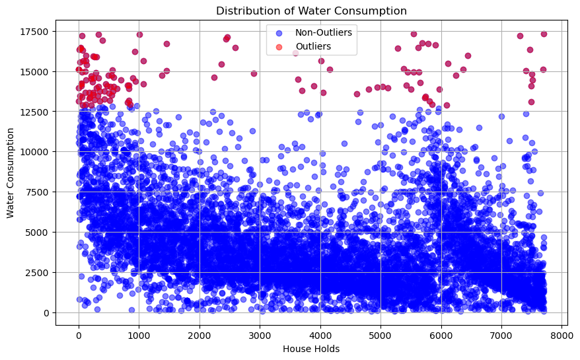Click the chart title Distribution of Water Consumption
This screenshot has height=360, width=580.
coord(312,11)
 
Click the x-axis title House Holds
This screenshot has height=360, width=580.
coord(312,349)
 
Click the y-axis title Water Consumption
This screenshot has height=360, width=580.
coord(9,172)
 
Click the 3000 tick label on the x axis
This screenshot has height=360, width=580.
coord(260,333)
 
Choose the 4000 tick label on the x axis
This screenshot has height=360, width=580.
coord(320,333)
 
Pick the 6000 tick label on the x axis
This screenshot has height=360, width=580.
coord(441,333)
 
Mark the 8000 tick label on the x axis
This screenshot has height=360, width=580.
coord(562,333)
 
